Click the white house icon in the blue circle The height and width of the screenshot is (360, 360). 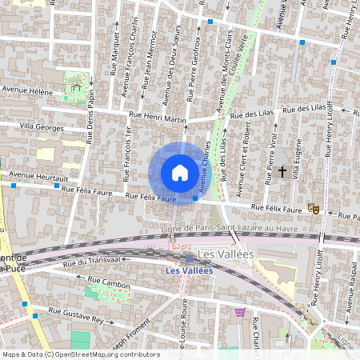click(x=180, y=173)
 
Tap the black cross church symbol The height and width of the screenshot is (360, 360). click(x=282, y=171)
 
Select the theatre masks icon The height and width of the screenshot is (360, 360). click(x=315, y=209)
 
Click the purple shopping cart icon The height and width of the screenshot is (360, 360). click(x=239, y=311)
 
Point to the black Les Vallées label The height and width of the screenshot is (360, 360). click(x=226, y=254)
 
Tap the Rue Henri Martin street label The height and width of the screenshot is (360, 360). click(x=158, y=120)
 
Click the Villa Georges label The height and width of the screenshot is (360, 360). click(x=42, y=127)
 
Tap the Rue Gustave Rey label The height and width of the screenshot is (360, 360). click(x=77, y=315)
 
